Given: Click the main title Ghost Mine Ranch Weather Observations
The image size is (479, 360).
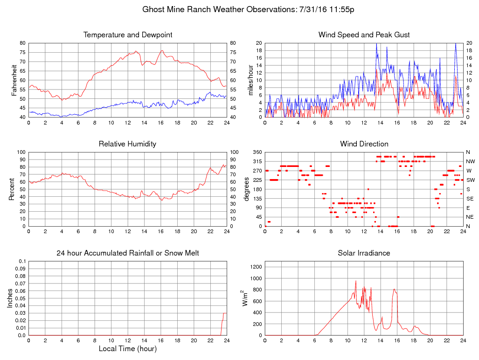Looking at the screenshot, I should pyautogui.click(x=248, y=9).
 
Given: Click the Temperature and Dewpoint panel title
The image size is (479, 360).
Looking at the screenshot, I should pyautogui.click(x=128, y=35).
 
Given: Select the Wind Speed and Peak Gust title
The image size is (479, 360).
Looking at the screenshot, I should pyautogui.click(x=364, y=35).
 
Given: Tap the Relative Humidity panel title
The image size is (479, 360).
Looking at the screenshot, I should pyautogui.click(x=128, y=144).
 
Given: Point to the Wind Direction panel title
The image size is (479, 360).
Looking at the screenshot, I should pyautogui.click(x=364, y=144).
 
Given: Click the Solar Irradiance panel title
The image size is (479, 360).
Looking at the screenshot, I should pyautogui.click(x=364, y=253).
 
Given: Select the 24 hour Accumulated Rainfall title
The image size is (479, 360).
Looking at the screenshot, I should pyautogui.click(x=128, y=253).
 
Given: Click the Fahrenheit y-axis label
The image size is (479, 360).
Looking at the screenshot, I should pyautogui.click(x=14, y=80).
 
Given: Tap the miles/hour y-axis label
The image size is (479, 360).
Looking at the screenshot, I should pyautogui.click(x=250, y=80).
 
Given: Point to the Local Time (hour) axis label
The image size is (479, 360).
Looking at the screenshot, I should pyautogui.click(x=128, y=348).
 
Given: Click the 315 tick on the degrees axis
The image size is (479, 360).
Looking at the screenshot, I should pyautogui.click(x=257, y=161).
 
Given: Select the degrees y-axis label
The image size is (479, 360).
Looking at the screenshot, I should pyautogui.click(x=247, y=189).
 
